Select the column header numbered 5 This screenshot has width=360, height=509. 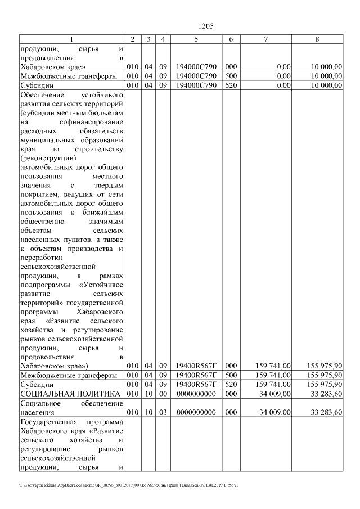196,39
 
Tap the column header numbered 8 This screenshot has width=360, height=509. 318,39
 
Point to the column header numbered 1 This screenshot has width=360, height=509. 71,39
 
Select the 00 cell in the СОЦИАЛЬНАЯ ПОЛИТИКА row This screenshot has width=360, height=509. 163,393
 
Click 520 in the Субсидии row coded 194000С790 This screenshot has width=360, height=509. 231,85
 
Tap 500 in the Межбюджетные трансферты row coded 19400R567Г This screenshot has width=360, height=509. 231,375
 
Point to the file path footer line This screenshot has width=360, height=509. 129,485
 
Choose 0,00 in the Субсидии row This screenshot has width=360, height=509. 283,85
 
